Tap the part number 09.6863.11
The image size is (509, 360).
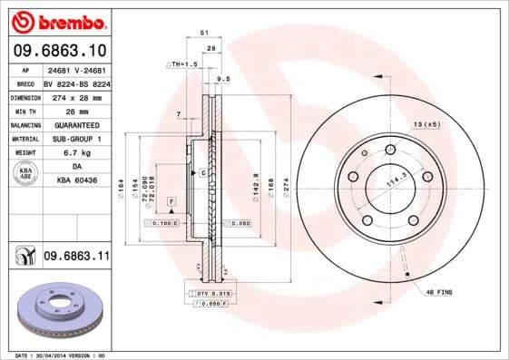(x=75, y=257)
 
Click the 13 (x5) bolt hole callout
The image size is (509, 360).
(x=426, y=122)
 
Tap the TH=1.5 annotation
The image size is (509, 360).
(x=182, y=64)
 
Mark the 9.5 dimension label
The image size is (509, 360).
(x=223, y=79)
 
